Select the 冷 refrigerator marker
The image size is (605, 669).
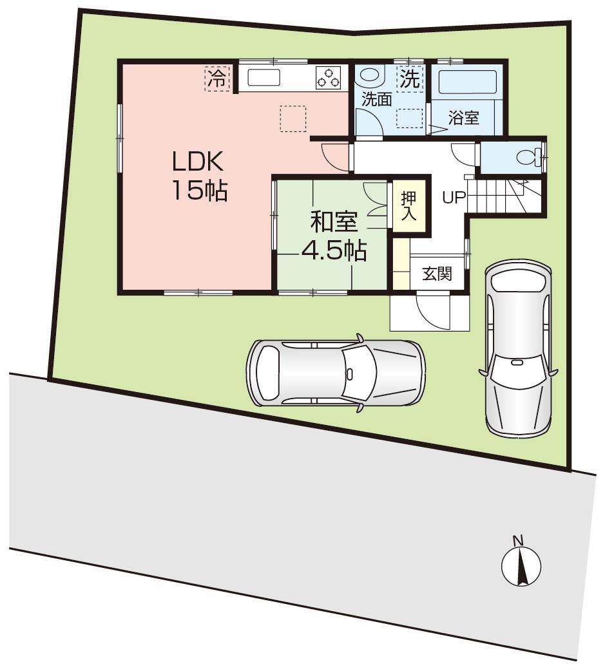pyautogui.click(x=217, y=79)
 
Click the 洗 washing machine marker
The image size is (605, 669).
pyautogui.click(x=410, y=79)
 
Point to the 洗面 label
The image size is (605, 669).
pyautogui.click(x=376, y=99)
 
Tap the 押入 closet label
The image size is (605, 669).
pyautogui.click(x=408, y=206)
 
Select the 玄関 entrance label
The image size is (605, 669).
pyautogui.click(x=437, y=274)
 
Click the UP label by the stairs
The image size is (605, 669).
pyautogui.click(x=453, y=198)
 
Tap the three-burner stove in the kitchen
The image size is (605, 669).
pyautogui.click(x=328, y=79)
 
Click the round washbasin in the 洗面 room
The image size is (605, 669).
pyautogui.click(x=369, y=75)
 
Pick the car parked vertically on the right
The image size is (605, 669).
pyautogui.click(x=517, y=348)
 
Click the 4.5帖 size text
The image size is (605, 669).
pyautogui.click(x=334, y=250)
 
